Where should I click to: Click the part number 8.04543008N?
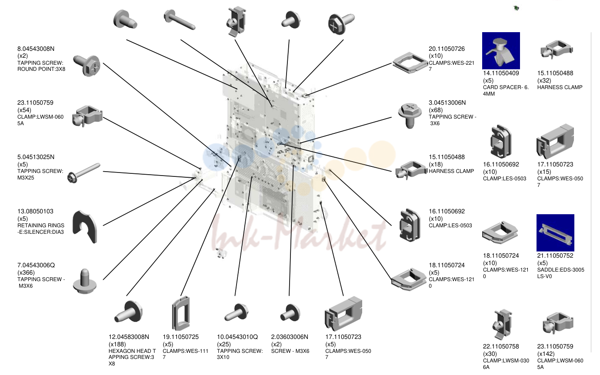(x=36, y=49)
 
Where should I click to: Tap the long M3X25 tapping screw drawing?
(x=84, y=173)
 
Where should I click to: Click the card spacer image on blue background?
(x=501, y=51)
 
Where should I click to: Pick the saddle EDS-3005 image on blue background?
(x=555, y=232)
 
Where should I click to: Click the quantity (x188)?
(x=117, y=344)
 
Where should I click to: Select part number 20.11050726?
(x=447, y=49)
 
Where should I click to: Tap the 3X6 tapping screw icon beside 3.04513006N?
(x=410, y=116)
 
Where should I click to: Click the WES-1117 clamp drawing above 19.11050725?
(x=181, y=313)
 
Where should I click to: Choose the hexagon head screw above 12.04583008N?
(x=129, y=312)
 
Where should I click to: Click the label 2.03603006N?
(x=290, y=337)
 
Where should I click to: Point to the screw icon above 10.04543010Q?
(x=237, y=312)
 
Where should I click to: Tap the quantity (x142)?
(x=546, y=354)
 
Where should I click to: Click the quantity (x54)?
(x=24, y=110)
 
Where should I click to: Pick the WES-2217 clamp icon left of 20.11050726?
(x=410, y=63)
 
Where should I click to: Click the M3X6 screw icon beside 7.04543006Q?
(x=85, y=281)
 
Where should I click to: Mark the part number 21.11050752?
(x=555, y=256)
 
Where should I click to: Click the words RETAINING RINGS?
(x=41, y=226)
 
